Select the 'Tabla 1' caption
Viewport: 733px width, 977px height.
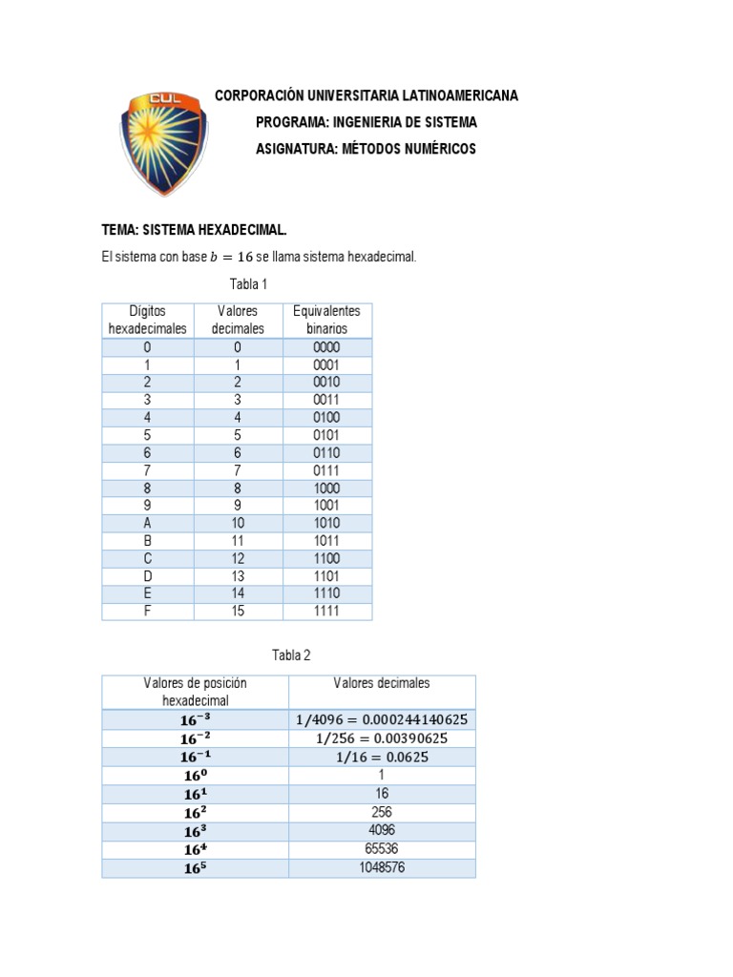[x=248, y=284]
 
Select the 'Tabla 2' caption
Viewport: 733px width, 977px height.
[x=291, y=655]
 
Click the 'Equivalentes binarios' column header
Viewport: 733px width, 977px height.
[x=327, y=320]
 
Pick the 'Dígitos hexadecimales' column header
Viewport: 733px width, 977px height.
[x=147, y=320]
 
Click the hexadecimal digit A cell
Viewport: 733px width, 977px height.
[x=147, y=523]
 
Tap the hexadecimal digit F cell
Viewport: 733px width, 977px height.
[x=147, y=611]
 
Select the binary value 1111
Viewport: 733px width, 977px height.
[x=326, y=611]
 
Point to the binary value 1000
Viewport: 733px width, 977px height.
[x=326, y=488]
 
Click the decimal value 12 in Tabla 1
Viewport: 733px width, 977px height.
[x=238, y=558]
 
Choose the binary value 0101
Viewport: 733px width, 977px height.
[x=326, y=435]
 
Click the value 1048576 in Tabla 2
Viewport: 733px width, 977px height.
[x=382, y=867]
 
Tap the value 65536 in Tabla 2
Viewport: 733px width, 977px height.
[x=382, y=849]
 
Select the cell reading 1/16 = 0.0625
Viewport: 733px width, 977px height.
[x=382, y=758]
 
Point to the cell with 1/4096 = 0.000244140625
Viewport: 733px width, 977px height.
[x=382, y=720]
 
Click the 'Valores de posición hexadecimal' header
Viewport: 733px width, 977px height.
[x=195, y=692]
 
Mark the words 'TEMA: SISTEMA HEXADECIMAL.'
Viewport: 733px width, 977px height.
[x=194, y=231]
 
